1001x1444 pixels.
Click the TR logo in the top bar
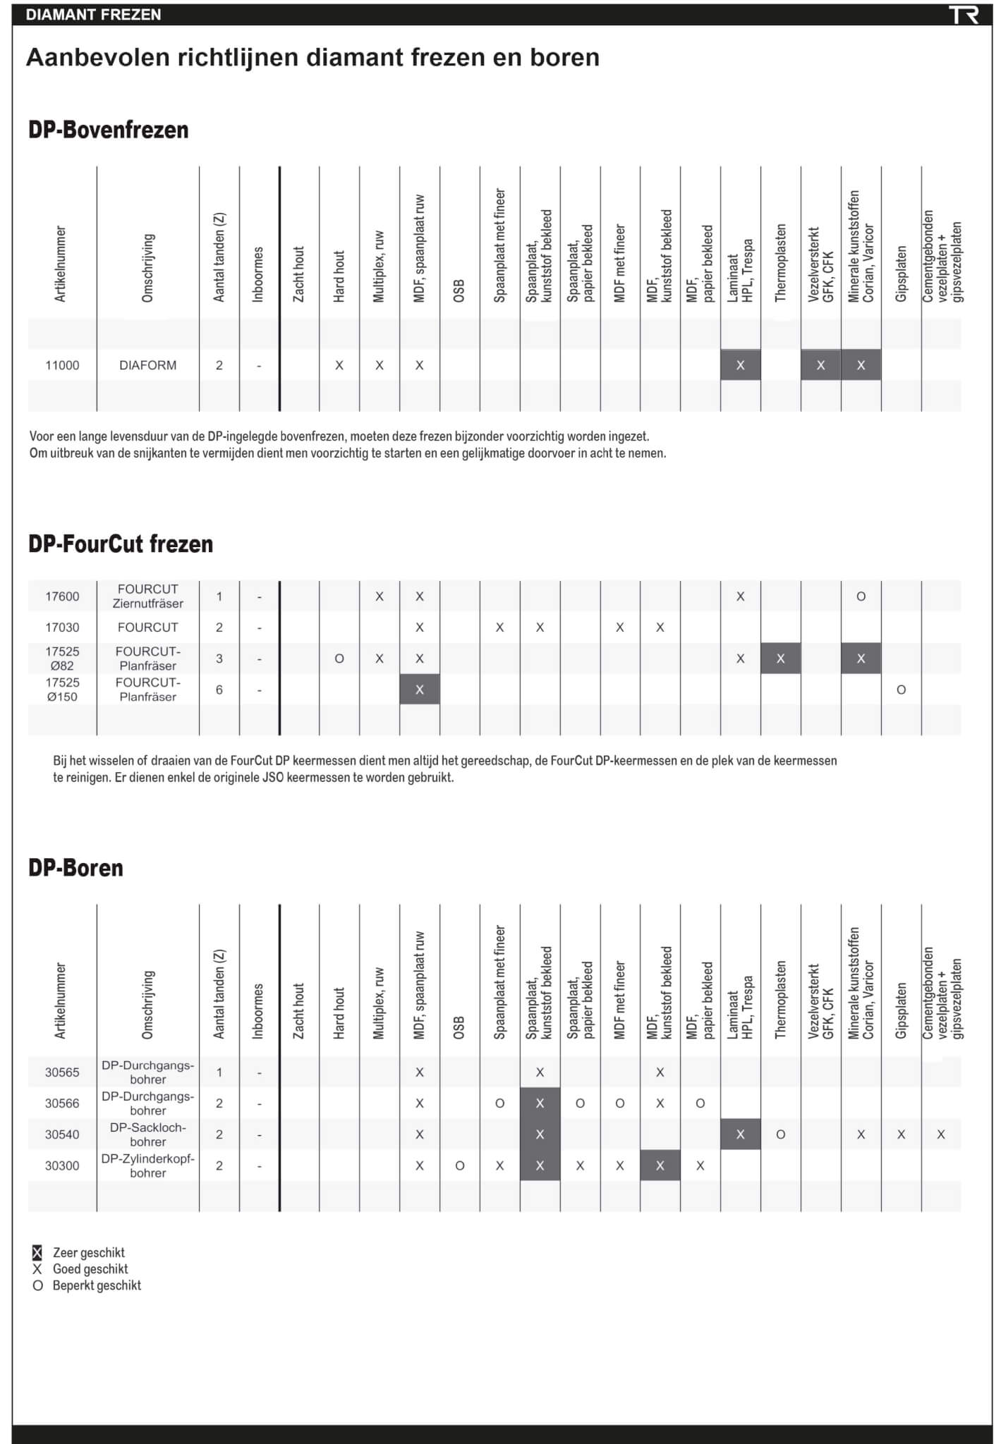click(963, 15)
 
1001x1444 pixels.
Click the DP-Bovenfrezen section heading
click(109, 130)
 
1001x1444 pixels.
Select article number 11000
click(62, 365)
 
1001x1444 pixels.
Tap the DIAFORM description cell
click(148, 365)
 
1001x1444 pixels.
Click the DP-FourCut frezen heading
click(121, 544)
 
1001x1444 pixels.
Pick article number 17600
click(62, 596)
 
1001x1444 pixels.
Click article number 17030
click(62, 628)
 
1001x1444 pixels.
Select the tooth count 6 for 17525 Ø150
click(219, 690)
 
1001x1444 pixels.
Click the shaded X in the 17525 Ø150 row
click(420, 690)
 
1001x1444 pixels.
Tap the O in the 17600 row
click(861, 596)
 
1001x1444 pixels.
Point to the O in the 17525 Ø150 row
click(901, 690)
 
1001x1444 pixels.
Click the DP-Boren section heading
click(75, 867)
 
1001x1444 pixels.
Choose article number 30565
click(62, 1072)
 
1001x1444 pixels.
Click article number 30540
click(62, 1134)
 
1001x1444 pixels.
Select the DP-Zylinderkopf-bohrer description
click(148, 1165)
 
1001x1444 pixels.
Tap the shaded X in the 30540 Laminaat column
click(740, 1134)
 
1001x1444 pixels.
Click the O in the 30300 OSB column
click(460, 1165)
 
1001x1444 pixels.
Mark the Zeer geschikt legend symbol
click(37, 1253)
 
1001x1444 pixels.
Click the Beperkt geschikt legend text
click(97, 1285)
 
